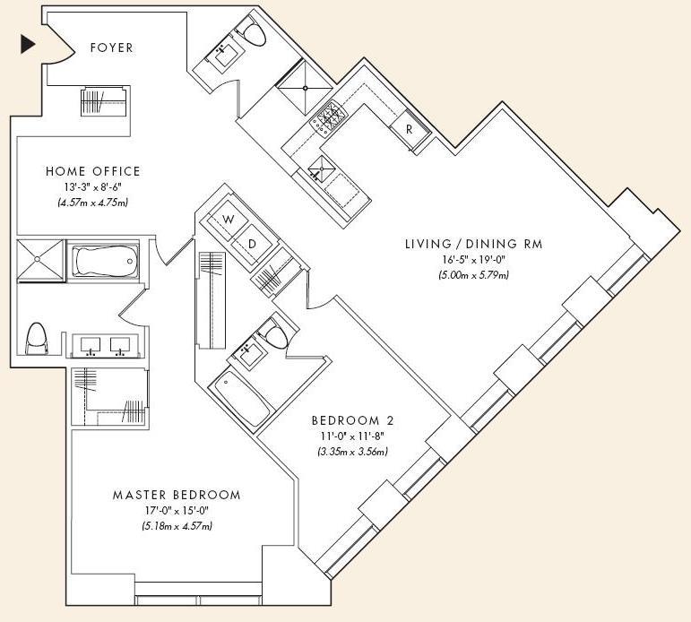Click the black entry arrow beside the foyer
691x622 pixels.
(x=27, y=45)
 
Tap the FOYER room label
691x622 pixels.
(x=111, y=48)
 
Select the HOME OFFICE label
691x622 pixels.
(x=93, y=171)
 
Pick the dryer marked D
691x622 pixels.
(x=252, y=244)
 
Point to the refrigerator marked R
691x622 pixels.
(x=410, y=129)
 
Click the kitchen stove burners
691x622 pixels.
(x=328, y=117)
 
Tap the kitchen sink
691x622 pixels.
(x=322, y=168)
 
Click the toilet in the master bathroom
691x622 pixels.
(x=36, y=338)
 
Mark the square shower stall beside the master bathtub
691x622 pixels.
(x=39, y=260)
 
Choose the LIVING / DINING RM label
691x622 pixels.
(x=474, y=244)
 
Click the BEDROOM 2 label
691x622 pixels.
(x=352, y=420)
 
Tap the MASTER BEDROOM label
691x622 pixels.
(x=177, y=495)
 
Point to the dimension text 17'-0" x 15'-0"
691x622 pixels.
(x=177, y=511)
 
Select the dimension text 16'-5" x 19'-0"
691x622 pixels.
(x=474, y=260)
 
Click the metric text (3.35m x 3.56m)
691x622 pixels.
(x=352, y=452)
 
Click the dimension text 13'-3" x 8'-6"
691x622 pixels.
(x=92, y=187)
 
